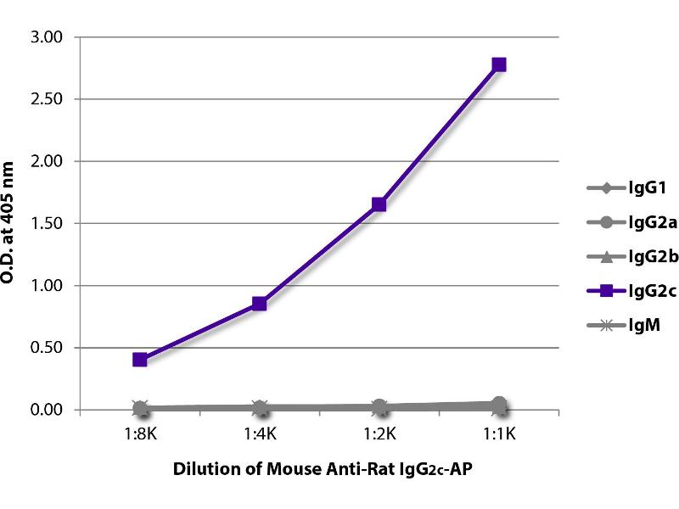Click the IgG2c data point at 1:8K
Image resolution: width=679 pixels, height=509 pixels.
pyautogui.click(x=140, y=360)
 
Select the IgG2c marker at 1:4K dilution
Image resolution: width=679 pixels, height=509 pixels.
pyautogui.click(x=260, y=304)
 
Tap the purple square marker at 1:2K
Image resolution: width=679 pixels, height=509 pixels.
pyautogui.click(x=379, y=204)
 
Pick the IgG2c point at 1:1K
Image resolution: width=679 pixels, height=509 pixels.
pyautogui.click(x=499, y=64)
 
